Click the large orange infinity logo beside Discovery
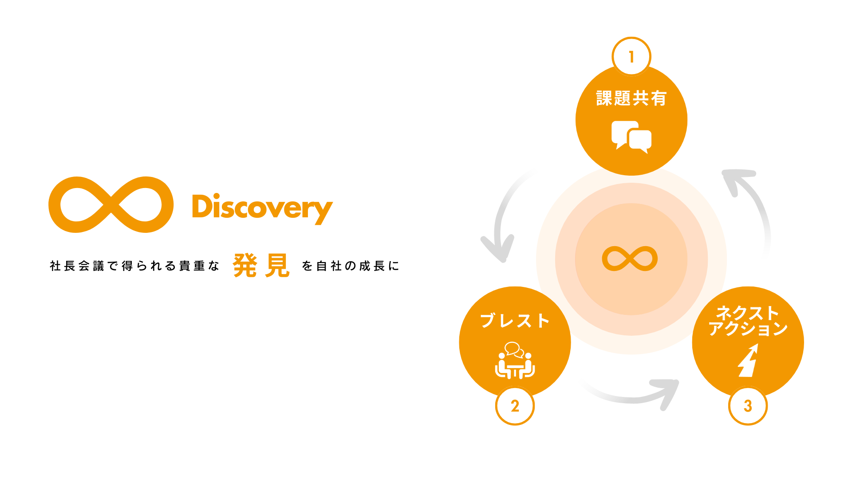pyautogui.click(x=110, y=204)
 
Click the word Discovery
pyautogui.click(x=262, y=208)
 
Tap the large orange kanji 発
pyautogui.click(x=245, y=266)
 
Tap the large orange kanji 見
pyautogui.click(x=277, y=266)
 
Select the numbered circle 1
pyautogui.click(x=631, y=57)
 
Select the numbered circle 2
pyautogui.click(x=515, y=406)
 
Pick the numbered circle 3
pyautogui.click(x=748, y=406)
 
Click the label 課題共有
pyautogui.click(x=631, y=98)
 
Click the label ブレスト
pyautogui.click(x=515, y=320)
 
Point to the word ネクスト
pyautogui.click(x=748, y=313)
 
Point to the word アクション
pyautogui.click(x=748, y=329)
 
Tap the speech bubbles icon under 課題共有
pyautogui.click(x=631, y=137)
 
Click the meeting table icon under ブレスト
pyautogui.click(x=515, y=360)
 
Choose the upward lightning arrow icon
pyautogui.click(x=748, y=360)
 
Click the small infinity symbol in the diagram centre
pyautogui.click(x=630, y=259)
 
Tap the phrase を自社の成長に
pyautogui.click(x=351, y=266)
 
